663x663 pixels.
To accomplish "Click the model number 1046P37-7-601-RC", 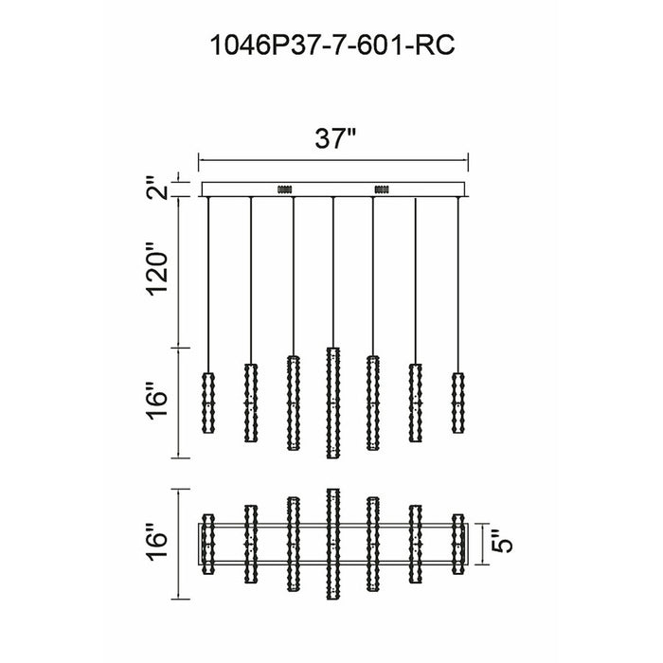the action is [x=332, y=45].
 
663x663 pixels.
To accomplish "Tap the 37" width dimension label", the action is [x=335, y=138].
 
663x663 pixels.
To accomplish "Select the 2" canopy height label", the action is [x=158, y=188].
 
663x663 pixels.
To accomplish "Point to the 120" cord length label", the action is [x=157, y=268].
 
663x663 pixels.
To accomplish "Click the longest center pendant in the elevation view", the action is [x=333, y=403].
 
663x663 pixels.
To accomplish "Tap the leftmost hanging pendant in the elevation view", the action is [x=208, y=403].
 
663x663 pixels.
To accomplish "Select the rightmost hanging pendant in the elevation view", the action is [x=457, y=403].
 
